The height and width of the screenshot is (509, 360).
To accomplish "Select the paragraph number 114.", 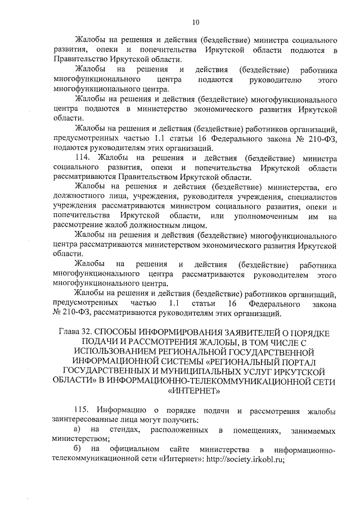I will [x=82, y=159].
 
